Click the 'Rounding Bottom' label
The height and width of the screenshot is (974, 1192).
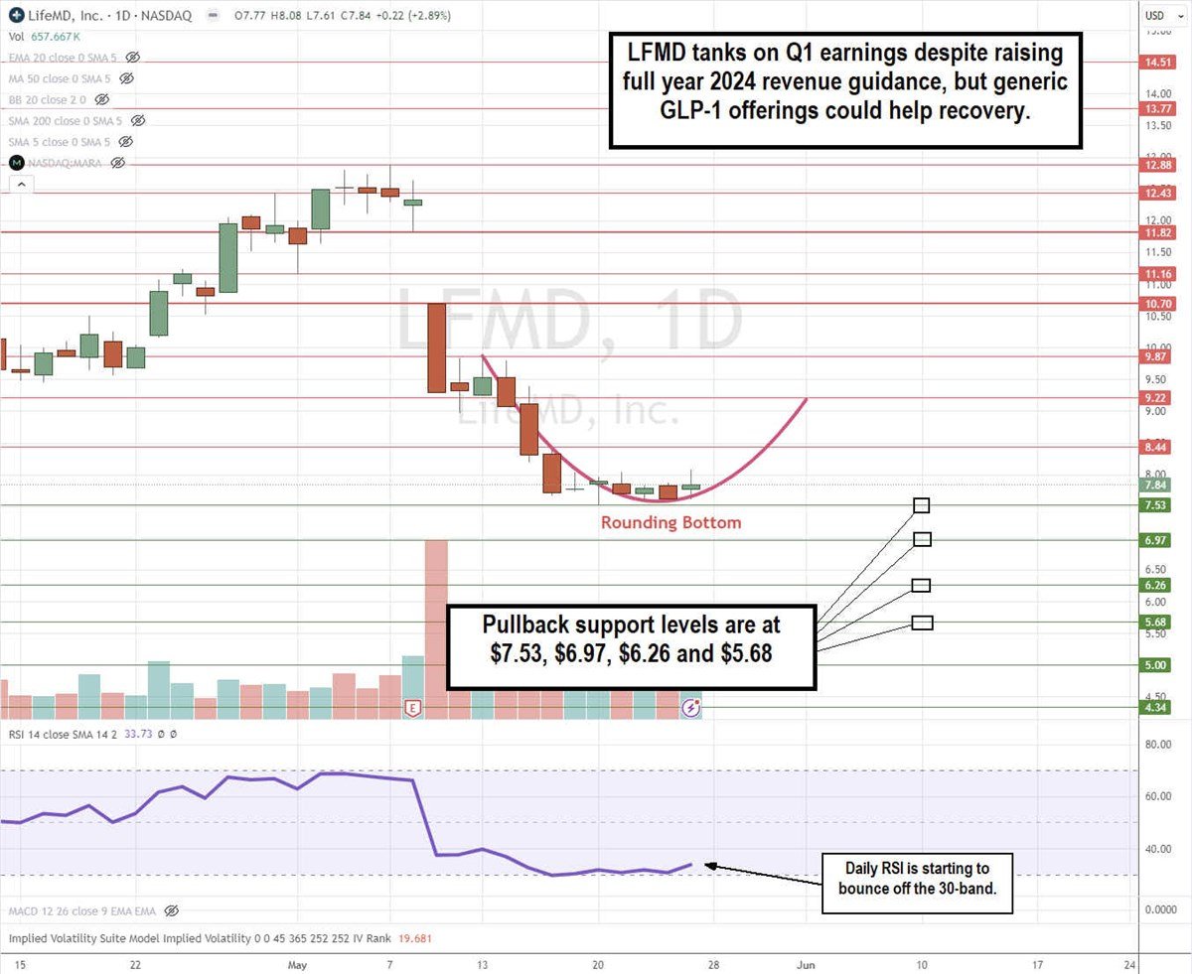[670, 522]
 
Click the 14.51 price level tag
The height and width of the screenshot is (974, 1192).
[1156, 62]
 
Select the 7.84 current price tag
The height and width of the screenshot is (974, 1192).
[1156, 486]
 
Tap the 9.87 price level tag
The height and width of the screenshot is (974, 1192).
[1156, 355]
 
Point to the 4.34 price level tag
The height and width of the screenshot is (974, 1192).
[1156, 707]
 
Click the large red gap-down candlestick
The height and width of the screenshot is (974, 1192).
[436, 348]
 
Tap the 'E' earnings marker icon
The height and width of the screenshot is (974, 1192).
[412, 707]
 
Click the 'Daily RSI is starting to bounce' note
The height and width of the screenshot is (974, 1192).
[916, 883]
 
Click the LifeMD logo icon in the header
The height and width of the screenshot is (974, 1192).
[16, 15]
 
